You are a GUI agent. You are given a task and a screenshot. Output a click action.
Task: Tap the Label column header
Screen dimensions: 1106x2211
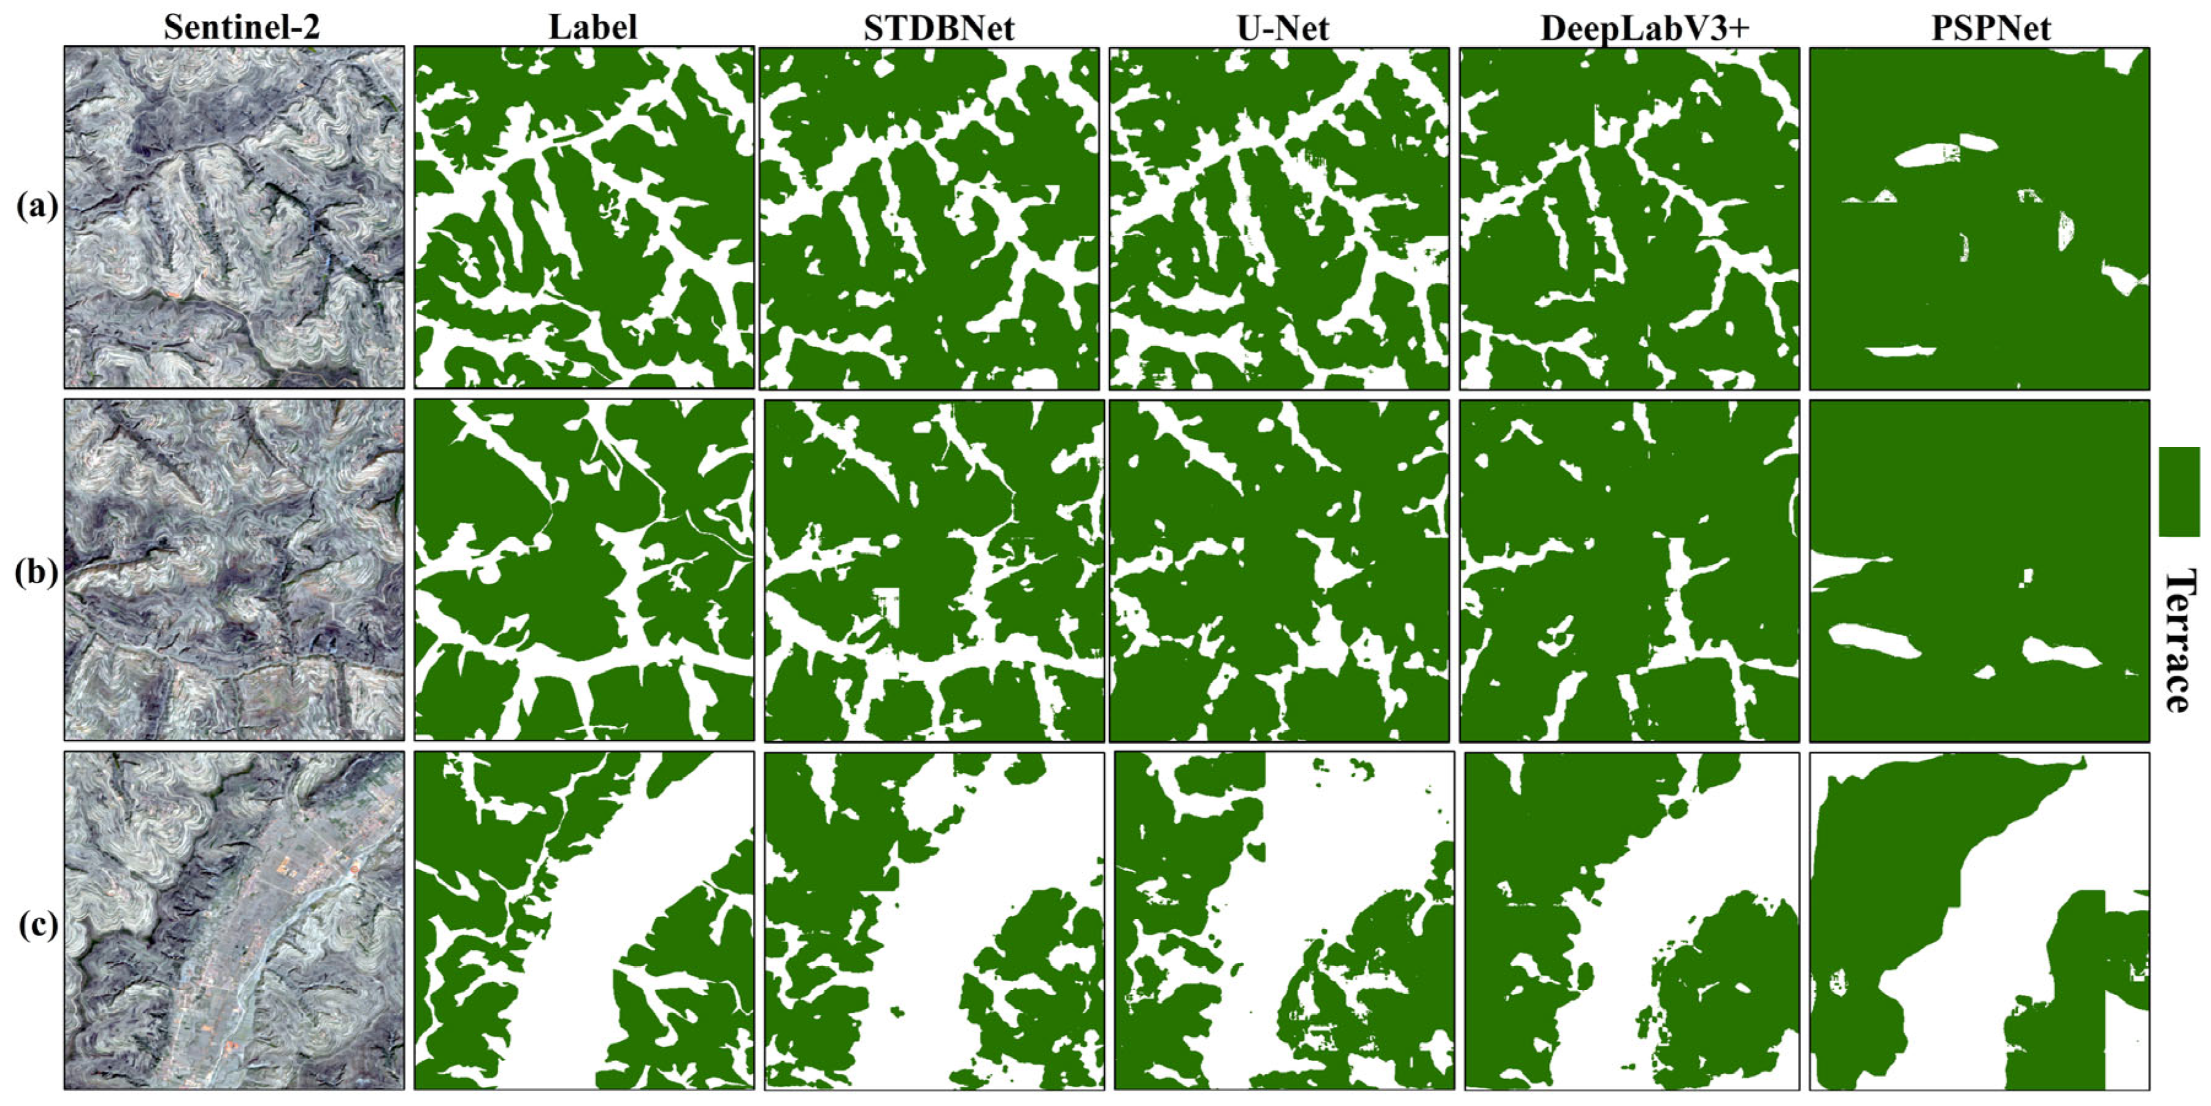click(x=592, y=28)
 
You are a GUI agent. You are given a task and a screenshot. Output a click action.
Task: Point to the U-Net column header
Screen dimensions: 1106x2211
click(x=1282, y=28)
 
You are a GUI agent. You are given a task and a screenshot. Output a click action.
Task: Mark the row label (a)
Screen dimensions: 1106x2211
click(x=37, y=207)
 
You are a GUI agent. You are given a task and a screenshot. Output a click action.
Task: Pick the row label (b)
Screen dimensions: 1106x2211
click(x=37, y=572)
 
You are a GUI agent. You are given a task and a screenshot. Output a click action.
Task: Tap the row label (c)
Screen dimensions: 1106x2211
click(x=37, y=926)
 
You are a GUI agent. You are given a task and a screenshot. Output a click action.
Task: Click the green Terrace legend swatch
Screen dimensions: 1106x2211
click(x=2178, y=492)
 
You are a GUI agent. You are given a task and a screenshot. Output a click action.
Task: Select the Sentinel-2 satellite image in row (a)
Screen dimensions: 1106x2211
click(x=234, y=218)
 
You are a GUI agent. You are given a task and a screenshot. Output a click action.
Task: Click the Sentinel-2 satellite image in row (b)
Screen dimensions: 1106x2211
click(x=234, y=570)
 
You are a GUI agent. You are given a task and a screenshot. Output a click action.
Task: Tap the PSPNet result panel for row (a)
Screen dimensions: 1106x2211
click(x=1979, y=218)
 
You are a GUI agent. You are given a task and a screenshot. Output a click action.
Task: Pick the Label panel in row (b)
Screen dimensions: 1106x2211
click(x=583, y=570)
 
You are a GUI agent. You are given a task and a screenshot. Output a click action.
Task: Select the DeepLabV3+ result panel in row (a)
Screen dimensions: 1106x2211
click(x=1629, y=218)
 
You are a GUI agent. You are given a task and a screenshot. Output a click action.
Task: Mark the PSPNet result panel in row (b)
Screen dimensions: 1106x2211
click(x=1979, y=570)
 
